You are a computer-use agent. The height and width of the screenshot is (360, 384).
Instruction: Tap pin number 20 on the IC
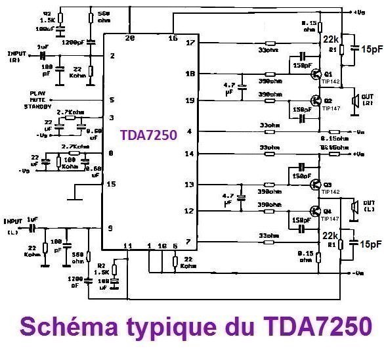[x=130, y=39]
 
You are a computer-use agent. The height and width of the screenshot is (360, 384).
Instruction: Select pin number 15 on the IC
[x=112, y=185]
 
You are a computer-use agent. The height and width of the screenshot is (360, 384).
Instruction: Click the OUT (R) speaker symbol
[x=356, y=101]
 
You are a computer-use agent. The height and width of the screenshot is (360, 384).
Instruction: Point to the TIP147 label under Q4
[x=329, y=219]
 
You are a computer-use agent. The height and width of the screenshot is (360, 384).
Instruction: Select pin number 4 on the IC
[x=190, y=132]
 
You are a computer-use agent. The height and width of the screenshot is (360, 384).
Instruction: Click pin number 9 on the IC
[x=112, y=228]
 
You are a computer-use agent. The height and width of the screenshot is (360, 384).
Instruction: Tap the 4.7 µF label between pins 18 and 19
[x=228, y=87]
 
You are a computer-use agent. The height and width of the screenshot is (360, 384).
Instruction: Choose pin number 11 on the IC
[x=129, y=246]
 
